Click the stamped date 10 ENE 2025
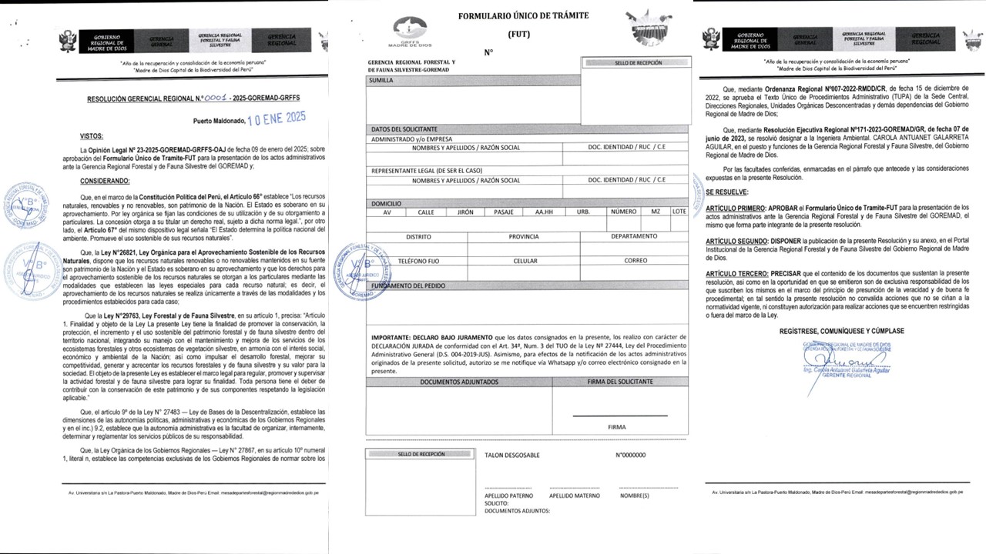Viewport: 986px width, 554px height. (x=276, y=118)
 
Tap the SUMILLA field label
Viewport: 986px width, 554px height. (x=382, y=79)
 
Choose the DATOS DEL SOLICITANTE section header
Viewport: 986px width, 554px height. (x=404, y=128)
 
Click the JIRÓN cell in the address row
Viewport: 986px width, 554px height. (x=464, y=212)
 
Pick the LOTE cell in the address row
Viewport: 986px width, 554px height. (x=679, y=212)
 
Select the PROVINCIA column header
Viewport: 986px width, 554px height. (x=523, y=237)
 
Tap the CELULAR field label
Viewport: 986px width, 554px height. (x=525, y=261)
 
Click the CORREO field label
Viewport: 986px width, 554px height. (x=636, y=261)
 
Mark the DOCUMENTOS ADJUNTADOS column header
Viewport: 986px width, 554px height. (x=459, y=382)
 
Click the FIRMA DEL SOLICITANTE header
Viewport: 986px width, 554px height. (x=619, y=382)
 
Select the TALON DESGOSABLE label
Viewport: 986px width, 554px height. (x=511, y=456)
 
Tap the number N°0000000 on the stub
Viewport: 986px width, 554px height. (x=630, y=456)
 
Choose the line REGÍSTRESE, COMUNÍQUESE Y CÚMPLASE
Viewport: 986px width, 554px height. (x=841, y=331)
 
